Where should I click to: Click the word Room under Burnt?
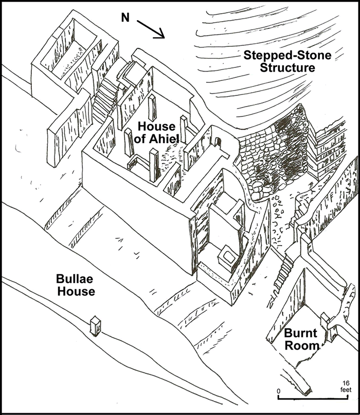coord(302,345)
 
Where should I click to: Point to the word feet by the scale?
coord(345,391)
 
